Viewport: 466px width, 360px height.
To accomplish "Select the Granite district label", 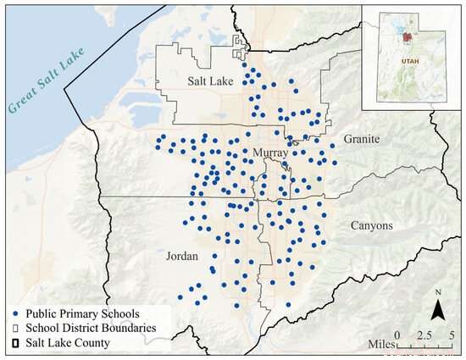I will click(x=362, y=138).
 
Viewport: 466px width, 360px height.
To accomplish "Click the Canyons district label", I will click(x=370, y=225).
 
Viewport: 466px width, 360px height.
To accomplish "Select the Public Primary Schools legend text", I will click(x=79, y=314).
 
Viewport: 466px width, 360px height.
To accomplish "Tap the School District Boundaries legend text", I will click(x=92, y=329).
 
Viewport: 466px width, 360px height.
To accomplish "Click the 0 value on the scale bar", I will click(x=406, y=335).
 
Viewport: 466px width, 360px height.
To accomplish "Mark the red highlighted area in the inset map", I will click(x=408, y=37).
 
